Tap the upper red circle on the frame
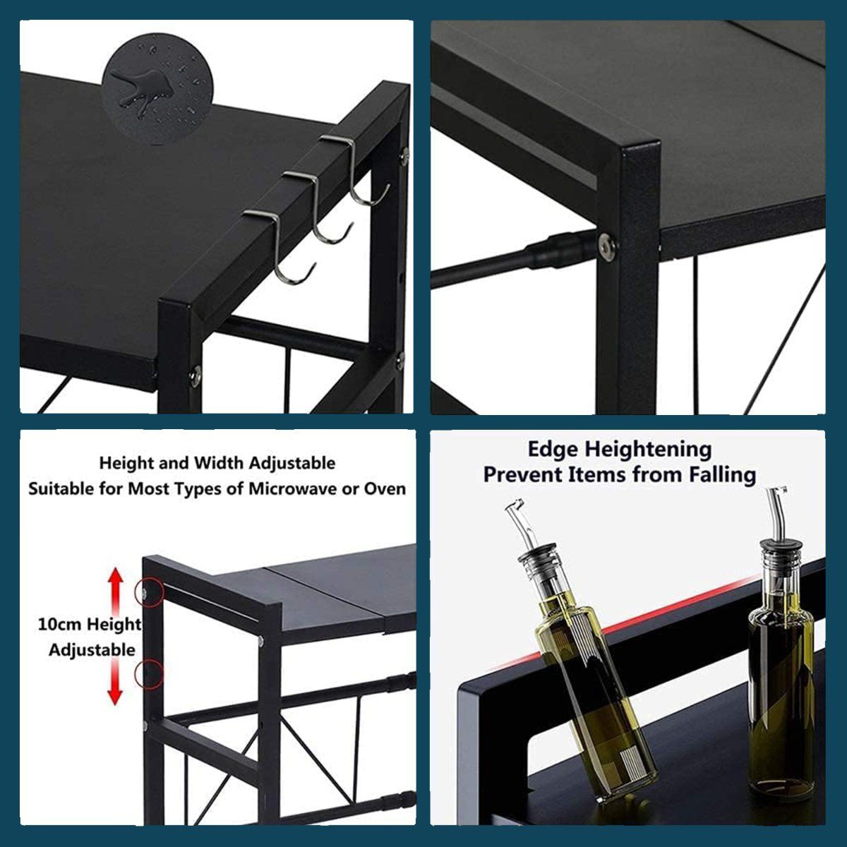tap(149, 591)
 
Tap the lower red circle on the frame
tap(149, 675)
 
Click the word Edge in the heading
tap(554, 449)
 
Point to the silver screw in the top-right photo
tap(606, 245)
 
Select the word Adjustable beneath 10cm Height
tap(92, 650)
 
